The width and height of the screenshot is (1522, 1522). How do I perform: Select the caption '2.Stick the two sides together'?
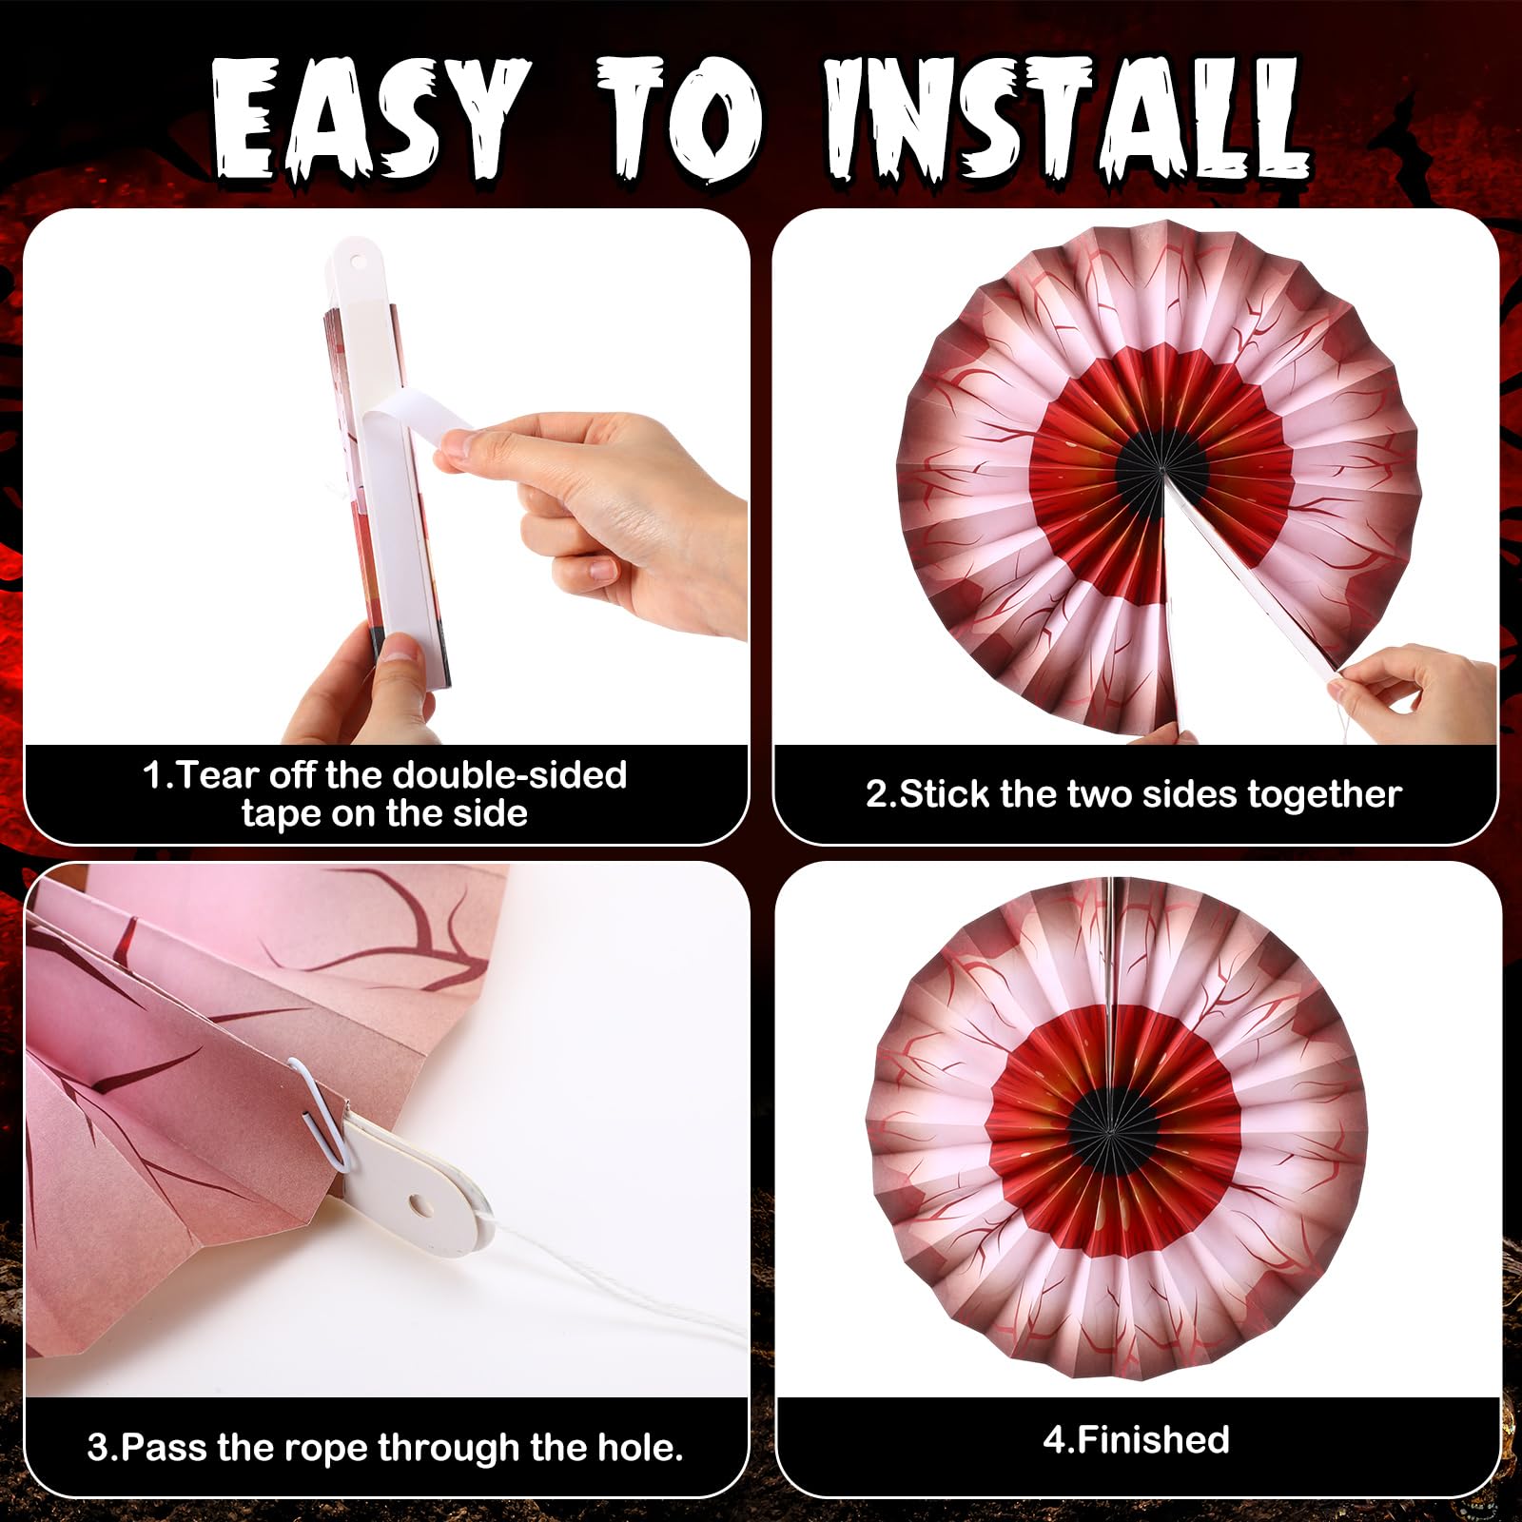point(1133,794)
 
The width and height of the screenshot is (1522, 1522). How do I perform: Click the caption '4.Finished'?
point(1136,1439)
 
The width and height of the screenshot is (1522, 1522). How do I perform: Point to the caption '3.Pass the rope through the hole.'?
point(385,1448)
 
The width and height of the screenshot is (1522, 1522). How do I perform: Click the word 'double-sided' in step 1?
point(510,775)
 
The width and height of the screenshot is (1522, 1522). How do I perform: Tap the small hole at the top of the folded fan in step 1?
point(359,259)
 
